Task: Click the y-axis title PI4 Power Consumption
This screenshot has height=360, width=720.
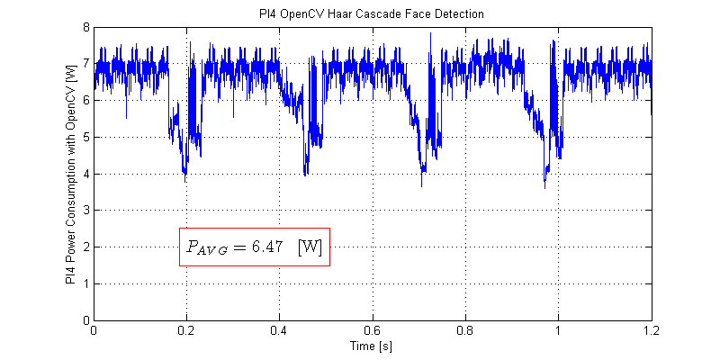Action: (70, 174)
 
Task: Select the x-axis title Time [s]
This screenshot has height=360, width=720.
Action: (372, 346)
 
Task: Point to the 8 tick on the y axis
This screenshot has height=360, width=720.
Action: (85, 27)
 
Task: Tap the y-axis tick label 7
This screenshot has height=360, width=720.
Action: (85, 64)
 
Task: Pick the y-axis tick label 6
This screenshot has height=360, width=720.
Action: (85, 101)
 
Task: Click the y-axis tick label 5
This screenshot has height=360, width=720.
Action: (85, 137)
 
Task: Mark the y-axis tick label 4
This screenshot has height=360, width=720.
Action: (85, 174)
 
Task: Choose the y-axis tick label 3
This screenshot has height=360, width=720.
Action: (85, 211)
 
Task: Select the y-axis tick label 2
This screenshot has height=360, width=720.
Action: (85, 247)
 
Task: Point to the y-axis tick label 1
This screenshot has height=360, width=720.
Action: (85, 283)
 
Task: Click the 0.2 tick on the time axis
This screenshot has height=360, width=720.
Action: (186, 330)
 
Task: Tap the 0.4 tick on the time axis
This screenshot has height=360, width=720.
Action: (279, 330)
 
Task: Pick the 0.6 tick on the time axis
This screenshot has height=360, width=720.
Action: (373, 330)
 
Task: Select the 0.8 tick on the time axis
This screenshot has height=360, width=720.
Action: (465, 330)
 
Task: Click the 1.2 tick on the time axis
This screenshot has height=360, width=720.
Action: (651, 330)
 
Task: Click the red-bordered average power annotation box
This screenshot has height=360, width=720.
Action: (255, 246)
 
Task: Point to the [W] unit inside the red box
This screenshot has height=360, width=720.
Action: (310, 246)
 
